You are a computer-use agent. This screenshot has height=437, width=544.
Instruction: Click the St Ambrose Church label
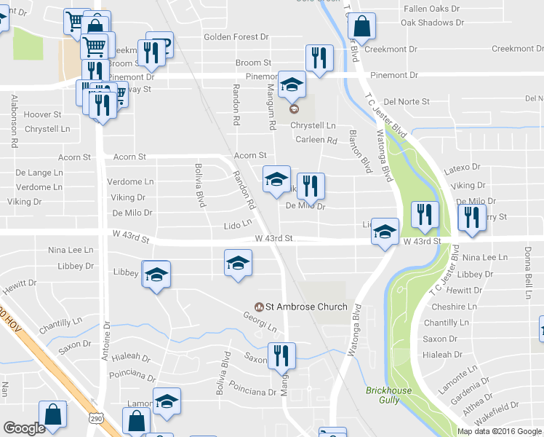point(306,307)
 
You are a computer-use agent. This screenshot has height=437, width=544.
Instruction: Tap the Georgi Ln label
point(260,323)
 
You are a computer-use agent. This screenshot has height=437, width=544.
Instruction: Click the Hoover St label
point(42,114)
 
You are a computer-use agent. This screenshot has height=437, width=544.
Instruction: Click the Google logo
point(24,428)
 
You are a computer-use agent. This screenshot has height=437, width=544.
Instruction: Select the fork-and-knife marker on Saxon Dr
point(281,355)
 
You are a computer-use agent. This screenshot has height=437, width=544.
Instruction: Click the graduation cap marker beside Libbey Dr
point(156,275)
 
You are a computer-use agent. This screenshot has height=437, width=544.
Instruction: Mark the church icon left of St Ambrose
point(258,307)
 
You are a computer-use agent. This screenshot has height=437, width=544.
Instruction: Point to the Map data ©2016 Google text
point(499,431)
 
